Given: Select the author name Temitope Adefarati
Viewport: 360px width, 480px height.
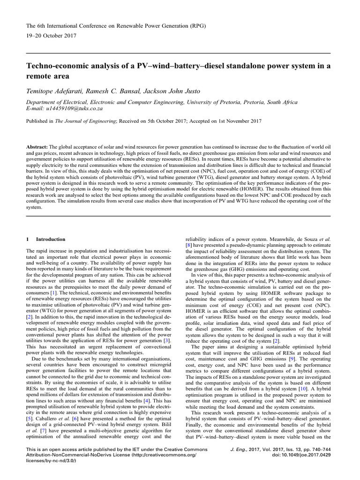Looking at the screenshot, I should coord(53,90).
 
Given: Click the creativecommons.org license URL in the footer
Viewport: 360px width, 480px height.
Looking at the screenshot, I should coord(162,455).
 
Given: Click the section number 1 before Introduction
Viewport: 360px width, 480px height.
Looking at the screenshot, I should coord(28,239).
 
